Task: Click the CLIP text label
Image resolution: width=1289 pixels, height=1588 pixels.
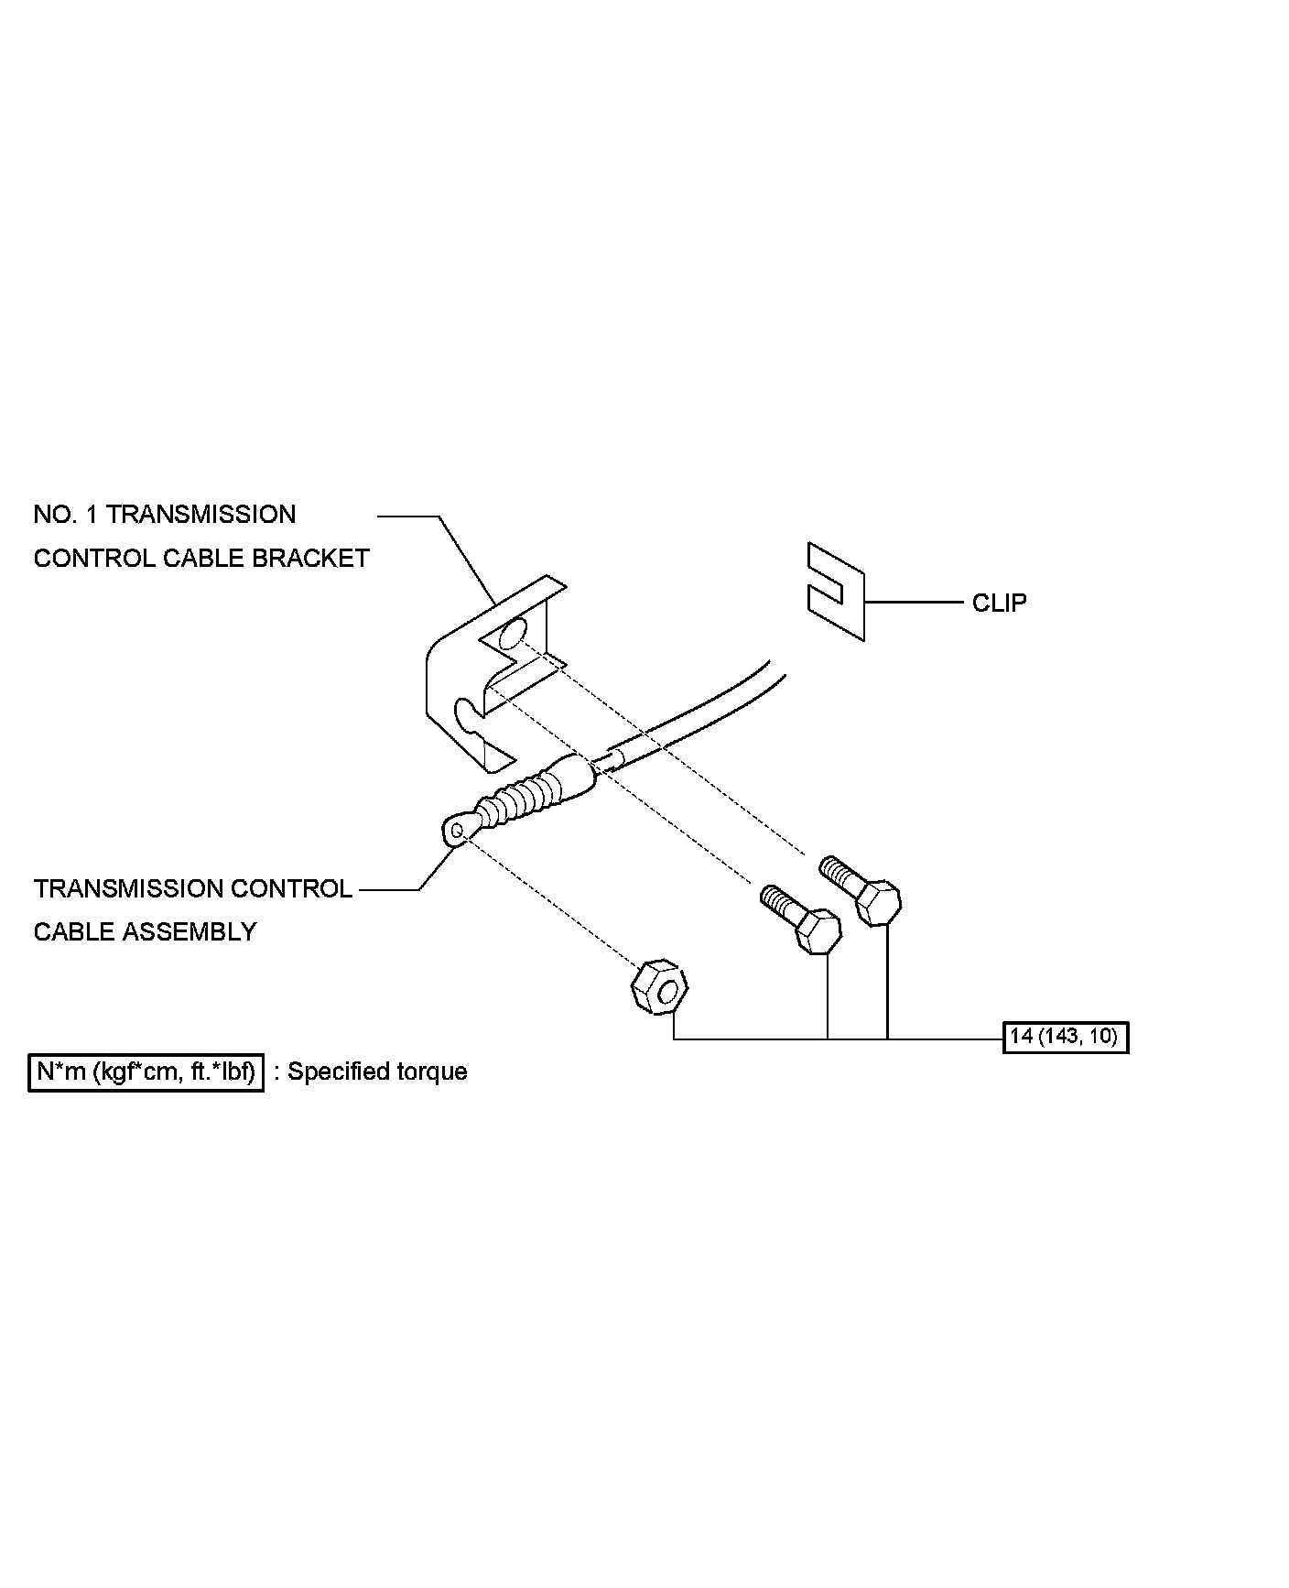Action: [999, 603]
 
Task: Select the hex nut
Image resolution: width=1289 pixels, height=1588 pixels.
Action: [659, 987]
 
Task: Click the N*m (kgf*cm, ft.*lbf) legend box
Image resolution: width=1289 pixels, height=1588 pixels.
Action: [146, 1071]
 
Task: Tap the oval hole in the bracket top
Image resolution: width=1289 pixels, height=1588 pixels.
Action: [514, 633]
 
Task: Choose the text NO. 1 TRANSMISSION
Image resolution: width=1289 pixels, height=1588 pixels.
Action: [165, 514]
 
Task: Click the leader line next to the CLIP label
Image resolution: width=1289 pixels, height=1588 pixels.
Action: [913, 603]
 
